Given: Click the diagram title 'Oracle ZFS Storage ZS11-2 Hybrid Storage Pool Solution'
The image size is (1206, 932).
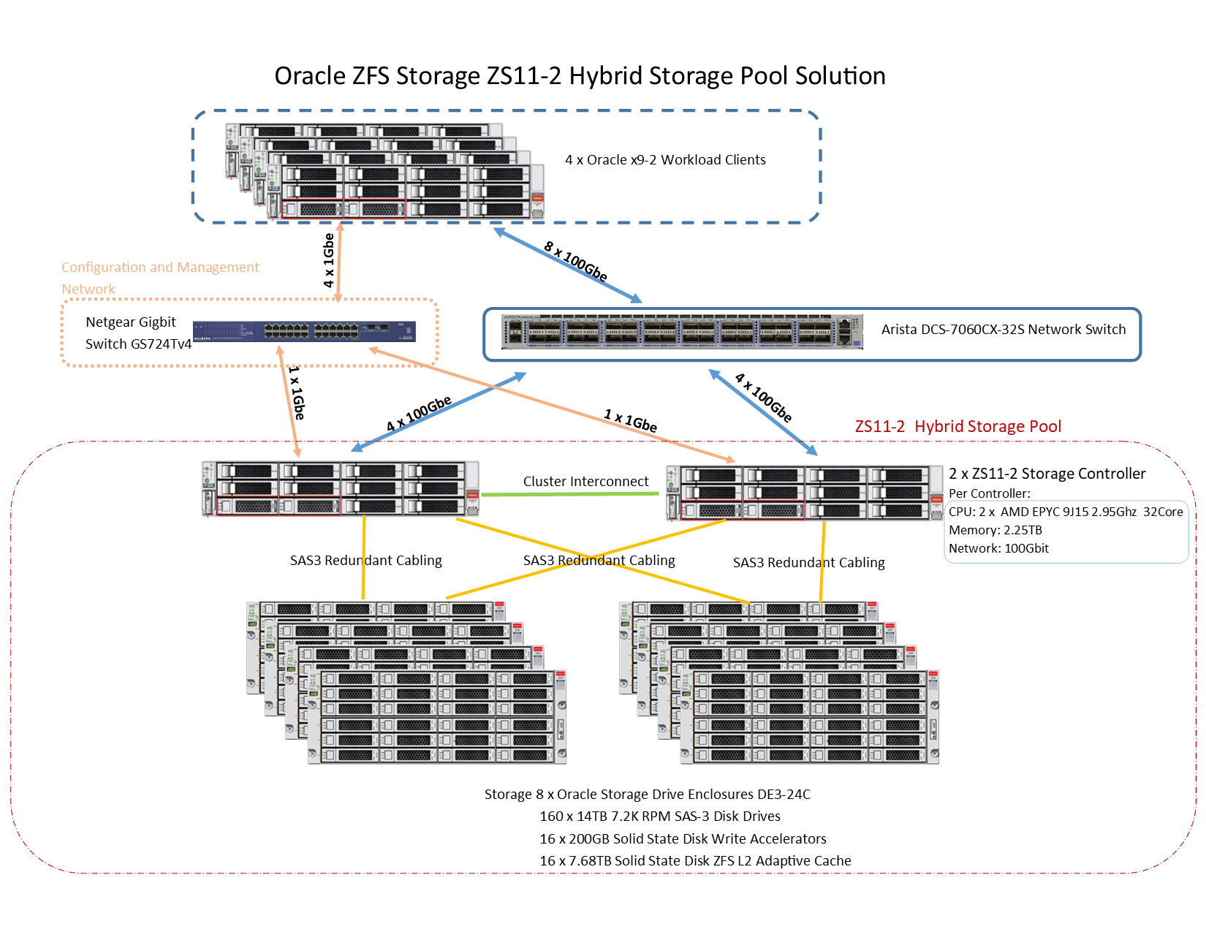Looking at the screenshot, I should tap(580, 76).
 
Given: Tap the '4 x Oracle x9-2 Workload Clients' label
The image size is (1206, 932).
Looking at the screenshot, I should tap(665, 160).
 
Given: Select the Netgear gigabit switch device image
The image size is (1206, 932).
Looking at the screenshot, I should tap(305, 331).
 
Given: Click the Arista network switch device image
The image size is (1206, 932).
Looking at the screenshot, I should tap(682, 331).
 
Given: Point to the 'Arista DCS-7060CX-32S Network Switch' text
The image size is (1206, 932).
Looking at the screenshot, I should tap(1003, 330).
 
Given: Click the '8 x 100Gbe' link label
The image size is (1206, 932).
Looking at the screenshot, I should tap(576, 261).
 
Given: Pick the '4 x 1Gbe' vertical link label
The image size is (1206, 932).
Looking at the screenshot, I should tap(329, 260).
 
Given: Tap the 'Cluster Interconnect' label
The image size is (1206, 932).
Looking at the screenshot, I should tap(585, 482).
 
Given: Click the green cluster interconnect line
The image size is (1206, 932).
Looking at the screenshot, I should tap(570, 495).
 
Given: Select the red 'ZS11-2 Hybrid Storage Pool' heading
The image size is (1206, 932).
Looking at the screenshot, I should tap(957, 427).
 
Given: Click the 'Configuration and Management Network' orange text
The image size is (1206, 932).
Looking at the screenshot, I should tap(160, 278).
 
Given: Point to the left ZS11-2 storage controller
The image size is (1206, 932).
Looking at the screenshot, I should tap(341, 489).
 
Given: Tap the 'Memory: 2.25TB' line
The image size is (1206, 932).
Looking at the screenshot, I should tap(995, 531).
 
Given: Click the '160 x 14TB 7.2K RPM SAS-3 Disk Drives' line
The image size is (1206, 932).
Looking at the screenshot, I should tap(659, 817).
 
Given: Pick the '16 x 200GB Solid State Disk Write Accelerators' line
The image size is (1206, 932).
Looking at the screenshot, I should tap(683, 839).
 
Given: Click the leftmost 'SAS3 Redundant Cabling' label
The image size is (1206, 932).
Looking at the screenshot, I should tap(365, 561).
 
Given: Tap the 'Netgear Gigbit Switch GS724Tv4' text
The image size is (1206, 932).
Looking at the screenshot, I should tap(138, 333).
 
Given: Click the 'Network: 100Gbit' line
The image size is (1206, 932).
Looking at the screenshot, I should tap(998, 549).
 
